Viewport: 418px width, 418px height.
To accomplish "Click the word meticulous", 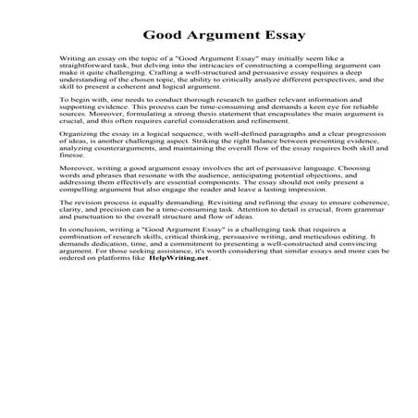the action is [x=290, y=237].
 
